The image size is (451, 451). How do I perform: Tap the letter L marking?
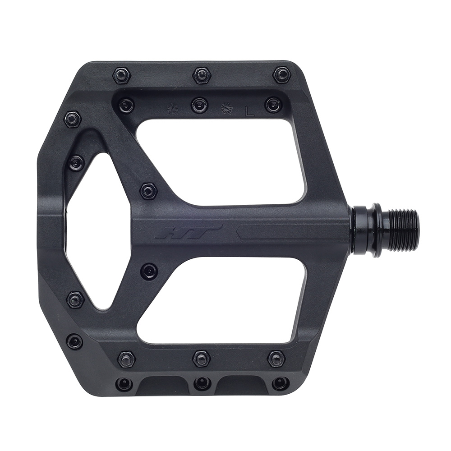pyautogui.click(x=249, y=111)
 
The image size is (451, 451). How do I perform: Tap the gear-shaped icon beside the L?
pyautogui.click(x=225, y=109)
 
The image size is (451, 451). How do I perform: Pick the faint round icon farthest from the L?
pyautogui.click(x=172, y=109)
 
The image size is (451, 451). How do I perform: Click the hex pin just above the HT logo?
pyautogui.click(x=148, y=191)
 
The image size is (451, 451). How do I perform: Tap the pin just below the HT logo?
pyautogui.click(x=149, y=271)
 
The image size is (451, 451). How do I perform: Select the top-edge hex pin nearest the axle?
pyautogui.click(x=282, y=74)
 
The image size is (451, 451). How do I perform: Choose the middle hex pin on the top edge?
pyautogui.click(x=202, y=75)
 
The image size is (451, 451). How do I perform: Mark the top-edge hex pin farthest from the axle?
pyautogui.click(x=122, y=75)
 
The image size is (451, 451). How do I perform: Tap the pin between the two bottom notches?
pyautogui.click(x=202, y=383)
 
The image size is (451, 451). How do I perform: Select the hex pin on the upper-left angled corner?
pyautogui.click(x=73, y=119)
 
